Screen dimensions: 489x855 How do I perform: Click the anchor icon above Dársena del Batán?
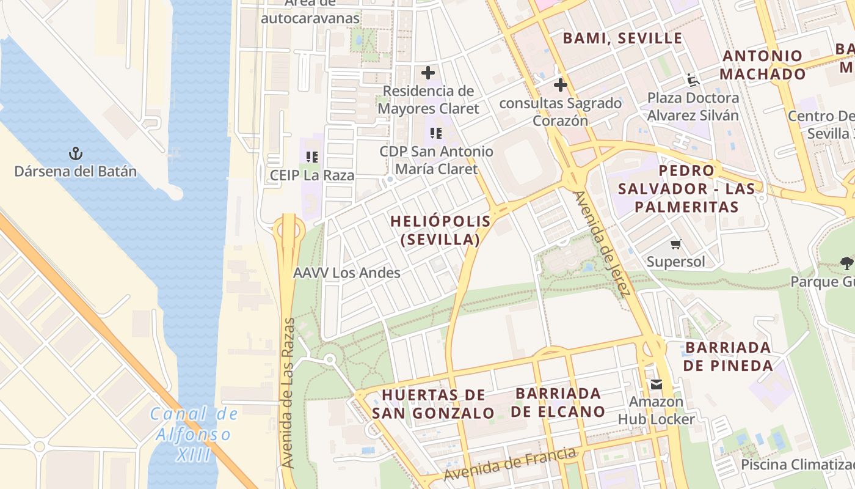[76, 153]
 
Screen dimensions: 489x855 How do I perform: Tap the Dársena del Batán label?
[76, 171]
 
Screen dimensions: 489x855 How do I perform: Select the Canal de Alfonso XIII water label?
[194, 435]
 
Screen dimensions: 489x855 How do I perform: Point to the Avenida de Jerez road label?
[601, 244]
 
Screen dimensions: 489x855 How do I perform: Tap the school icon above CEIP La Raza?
[312, 157]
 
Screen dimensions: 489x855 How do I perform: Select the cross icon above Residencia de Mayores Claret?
[428, 73]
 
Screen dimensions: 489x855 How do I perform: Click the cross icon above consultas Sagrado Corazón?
[560, 85]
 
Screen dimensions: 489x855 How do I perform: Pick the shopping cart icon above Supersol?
[675, 244]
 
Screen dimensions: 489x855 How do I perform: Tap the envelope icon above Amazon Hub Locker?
[656, 384]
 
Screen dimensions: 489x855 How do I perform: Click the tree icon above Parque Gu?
[846, 263]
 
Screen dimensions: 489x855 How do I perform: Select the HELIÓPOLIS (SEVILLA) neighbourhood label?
[440, 230]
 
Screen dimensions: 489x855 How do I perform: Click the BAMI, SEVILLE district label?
[622, 38]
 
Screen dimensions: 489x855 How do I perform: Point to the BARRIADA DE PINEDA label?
[728, 356]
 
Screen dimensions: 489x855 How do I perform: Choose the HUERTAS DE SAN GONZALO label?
[433, 403]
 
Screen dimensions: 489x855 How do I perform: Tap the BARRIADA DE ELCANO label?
[558, 402]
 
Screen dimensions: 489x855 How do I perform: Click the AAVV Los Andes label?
[347, 273]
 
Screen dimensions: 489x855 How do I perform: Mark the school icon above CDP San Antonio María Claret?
[435, 133]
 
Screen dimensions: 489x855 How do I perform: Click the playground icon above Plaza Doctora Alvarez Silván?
[693, 79]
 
